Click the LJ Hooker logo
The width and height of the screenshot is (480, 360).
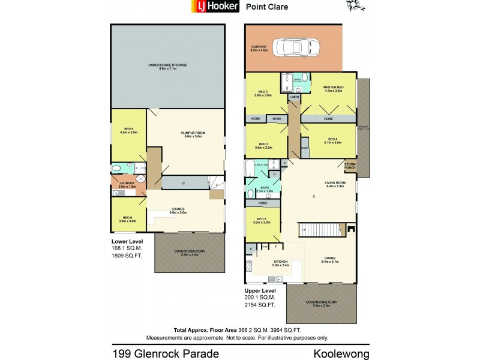(215, 7)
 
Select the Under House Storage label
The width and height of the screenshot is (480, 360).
(168, 66)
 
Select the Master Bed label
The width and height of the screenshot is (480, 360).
(329, 88)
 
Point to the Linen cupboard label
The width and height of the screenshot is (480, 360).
(294, 97)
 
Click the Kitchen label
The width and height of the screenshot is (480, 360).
(280, 262)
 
